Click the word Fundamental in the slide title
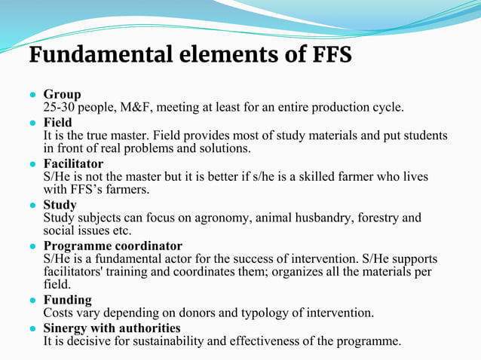point(97,55)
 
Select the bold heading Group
point(62,94)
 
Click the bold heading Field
point(58,122)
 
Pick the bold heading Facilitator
point(73,163)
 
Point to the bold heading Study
point(60,204)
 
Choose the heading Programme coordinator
point(112,246)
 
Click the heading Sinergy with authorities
point(112,328)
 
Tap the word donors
point(191,313)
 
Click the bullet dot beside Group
point(34,95)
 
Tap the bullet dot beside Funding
point(34,301)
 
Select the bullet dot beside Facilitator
point(34,164)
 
